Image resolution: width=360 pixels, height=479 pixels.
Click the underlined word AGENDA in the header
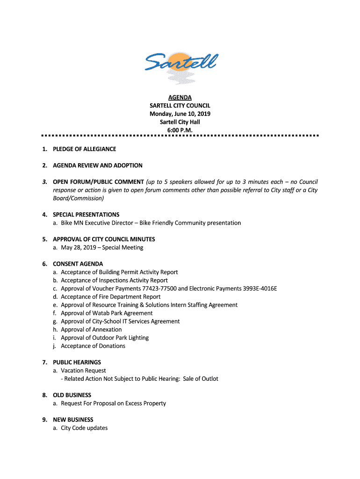click(x=180, y=98)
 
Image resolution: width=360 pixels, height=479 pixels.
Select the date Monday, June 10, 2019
click(x=180, y=114)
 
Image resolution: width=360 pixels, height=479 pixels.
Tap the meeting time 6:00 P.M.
click(x=180, y=130)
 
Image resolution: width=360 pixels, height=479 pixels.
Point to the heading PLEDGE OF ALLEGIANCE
click(x=84, y=149)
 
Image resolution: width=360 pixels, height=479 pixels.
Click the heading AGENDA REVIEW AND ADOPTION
click(x=97, y=166)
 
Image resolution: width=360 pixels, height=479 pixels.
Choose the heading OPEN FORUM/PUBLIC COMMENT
click(x=98, y=182)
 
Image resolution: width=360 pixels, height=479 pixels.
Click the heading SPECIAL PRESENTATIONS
click(x=86, y=215)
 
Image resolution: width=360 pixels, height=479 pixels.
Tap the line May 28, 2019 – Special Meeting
click(x=101, y=247)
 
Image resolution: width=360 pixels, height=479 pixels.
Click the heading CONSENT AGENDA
click(x=78, y=264)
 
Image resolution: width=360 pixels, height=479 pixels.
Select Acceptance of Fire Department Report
click(x=110, y=297)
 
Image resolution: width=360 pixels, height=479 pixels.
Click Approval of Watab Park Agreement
click(x=107, y=313)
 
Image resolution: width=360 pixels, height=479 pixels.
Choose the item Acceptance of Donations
click(x=93, y=346)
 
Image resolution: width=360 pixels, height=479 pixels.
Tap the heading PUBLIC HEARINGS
click(x=77, y=362)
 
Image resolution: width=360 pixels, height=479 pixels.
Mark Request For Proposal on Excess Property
click(x=113, y=403)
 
